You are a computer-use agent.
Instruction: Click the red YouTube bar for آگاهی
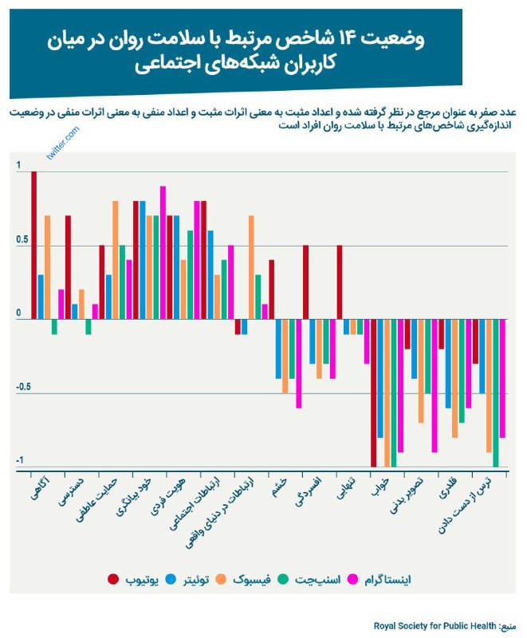[x=33, y=246]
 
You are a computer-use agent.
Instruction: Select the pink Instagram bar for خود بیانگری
[x=163, y=252]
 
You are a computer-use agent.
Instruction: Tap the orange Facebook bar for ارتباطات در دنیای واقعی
[x=251, y=267]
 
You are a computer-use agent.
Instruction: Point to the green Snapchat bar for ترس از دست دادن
[x=496, y=392]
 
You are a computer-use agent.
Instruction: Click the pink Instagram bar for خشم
[x=299, y=364]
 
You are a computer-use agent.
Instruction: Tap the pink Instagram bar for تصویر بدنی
[x=435, y=385]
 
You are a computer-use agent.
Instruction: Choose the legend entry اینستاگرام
[x=391, y=578]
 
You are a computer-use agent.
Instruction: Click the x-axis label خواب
[x=380, y=488]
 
